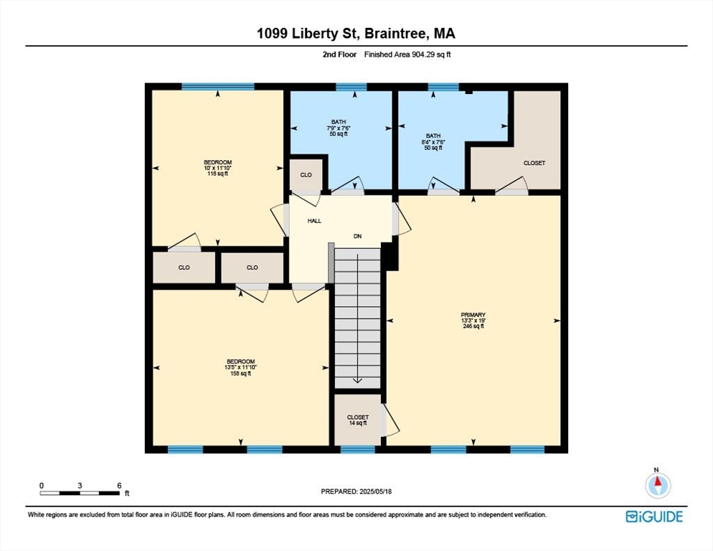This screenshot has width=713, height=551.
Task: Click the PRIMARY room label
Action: click(x=473, y=315)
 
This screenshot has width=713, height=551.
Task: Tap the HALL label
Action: click(x=314, y=221)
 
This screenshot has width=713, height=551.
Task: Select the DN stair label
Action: click(x=358, y=236)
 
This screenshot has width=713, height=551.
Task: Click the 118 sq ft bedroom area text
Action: click(x=218, y=174)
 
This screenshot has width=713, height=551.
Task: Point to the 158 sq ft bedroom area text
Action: click(x=240, y=374)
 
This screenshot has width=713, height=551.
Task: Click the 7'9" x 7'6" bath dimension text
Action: click(x=339, y=128)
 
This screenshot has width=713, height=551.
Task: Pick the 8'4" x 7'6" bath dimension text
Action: click(x=433, y=142)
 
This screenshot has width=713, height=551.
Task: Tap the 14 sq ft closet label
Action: click(x=358, y=423)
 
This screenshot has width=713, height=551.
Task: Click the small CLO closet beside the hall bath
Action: click(x=306, y=175)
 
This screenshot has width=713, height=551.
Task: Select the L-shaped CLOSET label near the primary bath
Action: click(x=534, y=163)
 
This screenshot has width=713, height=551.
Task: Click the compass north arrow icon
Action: click(x=658, y=485)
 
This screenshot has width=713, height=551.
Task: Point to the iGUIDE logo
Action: click(x=654, y=517)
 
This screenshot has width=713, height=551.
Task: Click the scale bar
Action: click(x=80, y=493)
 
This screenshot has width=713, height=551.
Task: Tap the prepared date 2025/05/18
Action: click(x=376, y=491)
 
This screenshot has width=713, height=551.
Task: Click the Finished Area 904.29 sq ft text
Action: click(x=407, y=55)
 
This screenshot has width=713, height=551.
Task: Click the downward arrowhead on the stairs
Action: click(x=357, y=380)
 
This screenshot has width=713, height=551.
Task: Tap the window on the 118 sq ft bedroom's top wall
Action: click(x=218, y=86)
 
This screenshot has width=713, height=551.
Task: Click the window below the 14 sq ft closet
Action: click(x=358, y=450)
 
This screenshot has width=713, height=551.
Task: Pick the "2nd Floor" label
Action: click(x=340, y=55)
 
